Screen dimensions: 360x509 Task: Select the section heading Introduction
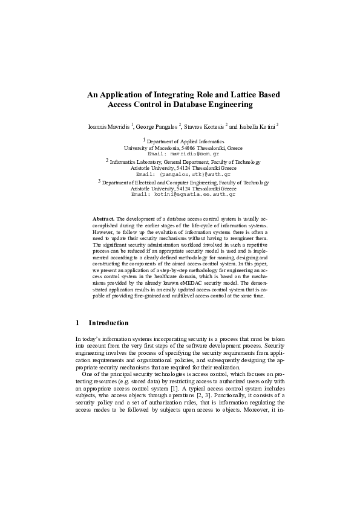(x=108, y=323)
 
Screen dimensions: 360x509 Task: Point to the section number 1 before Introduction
(x=77, y=323)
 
